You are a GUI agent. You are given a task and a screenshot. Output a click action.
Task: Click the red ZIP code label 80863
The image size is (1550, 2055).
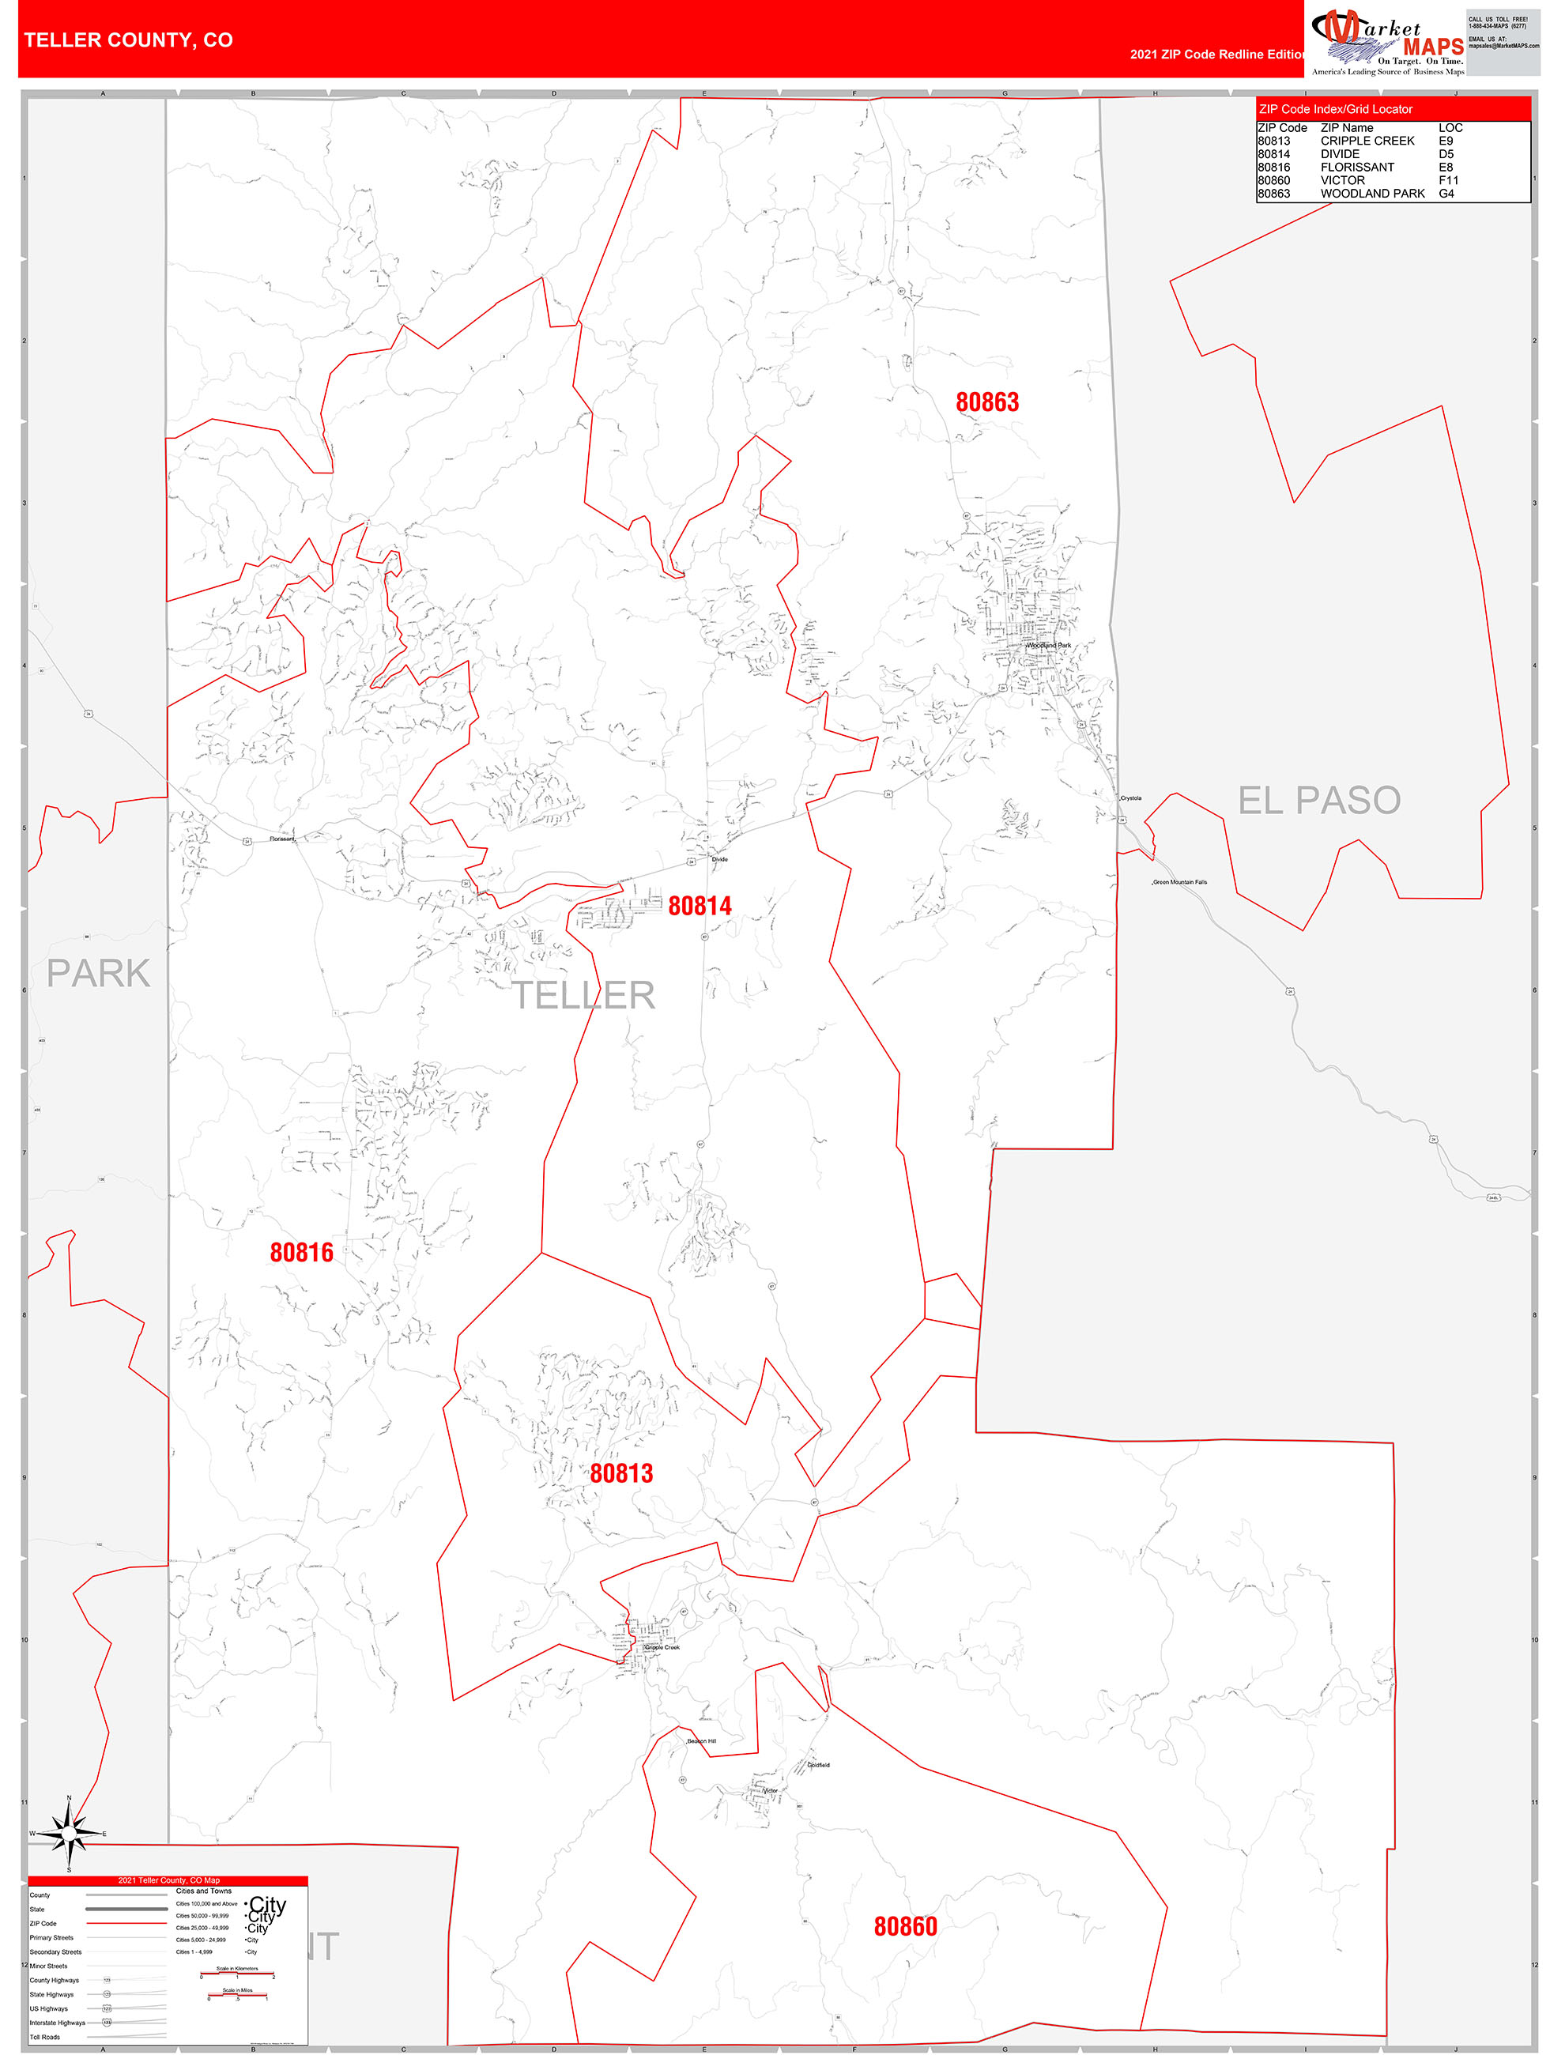pos(987,402)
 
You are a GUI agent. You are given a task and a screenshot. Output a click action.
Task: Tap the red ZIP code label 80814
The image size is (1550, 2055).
pos(700,906)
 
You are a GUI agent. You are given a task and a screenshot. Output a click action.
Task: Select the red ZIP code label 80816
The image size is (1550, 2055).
pos(301,1252)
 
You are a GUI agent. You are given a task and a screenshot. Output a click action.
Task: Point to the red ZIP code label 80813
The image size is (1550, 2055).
pos(620,1472)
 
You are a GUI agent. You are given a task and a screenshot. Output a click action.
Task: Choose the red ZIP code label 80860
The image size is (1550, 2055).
pos(905,1926)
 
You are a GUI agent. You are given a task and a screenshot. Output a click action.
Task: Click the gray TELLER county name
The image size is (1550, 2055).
pos(583,995)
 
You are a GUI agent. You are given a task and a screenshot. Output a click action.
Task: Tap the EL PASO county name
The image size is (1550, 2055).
pos(1318,800)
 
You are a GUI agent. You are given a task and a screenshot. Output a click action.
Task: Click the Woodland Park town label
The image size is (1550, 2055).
pos(1048,645)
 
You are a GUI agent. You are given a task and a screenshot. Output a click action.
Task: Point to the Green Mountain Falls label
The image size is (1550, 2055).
pos(1180,881)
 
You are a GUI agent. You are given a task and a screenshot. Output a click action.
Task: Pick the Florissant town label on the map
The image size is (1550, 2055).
pos(281,839)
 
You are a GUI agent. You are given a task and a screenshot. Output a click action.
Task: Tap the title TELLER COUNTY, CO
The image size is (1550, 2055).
pos(128,40)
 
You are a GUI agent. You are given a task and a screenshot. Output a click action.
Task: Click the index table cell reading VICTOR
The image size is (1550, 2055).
pos(1342,180)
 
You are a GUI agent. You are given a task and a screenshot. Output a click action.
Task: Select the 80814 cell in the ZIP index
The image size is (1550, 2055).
pos(1273,154)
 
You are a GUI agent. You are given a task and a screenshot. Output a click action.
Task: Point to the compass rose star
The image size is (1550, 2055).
pos(69,1833)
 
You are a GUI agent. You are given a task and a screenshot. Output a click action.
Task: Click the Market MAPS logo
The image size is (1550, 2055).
pos(1386,42)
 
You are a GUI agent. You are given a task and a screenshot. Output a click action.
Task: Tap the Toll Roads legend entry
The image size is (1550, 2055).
pos(44,2036)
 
